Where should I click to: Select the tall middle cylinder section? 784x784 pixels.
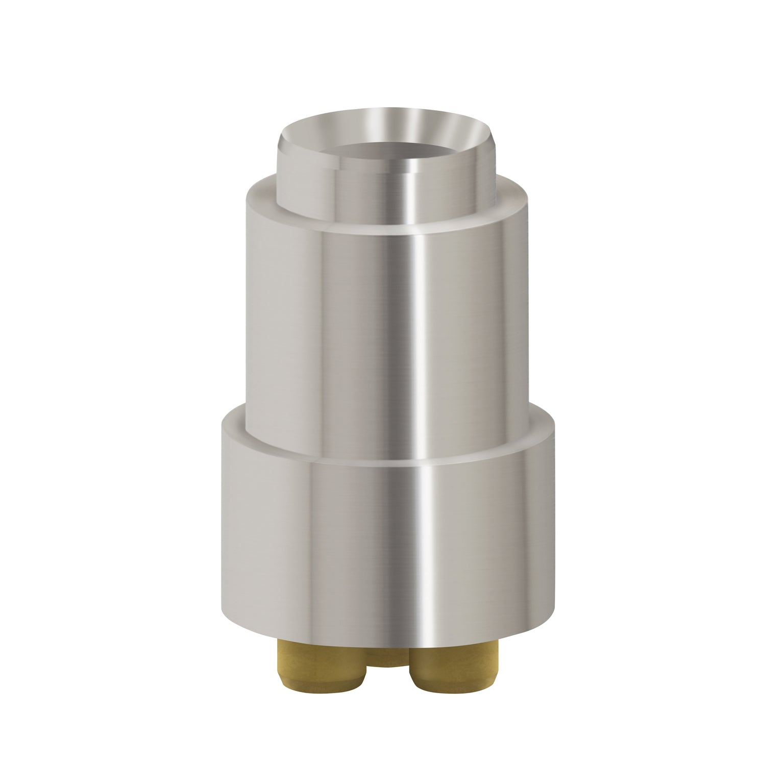coord(332,332)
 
